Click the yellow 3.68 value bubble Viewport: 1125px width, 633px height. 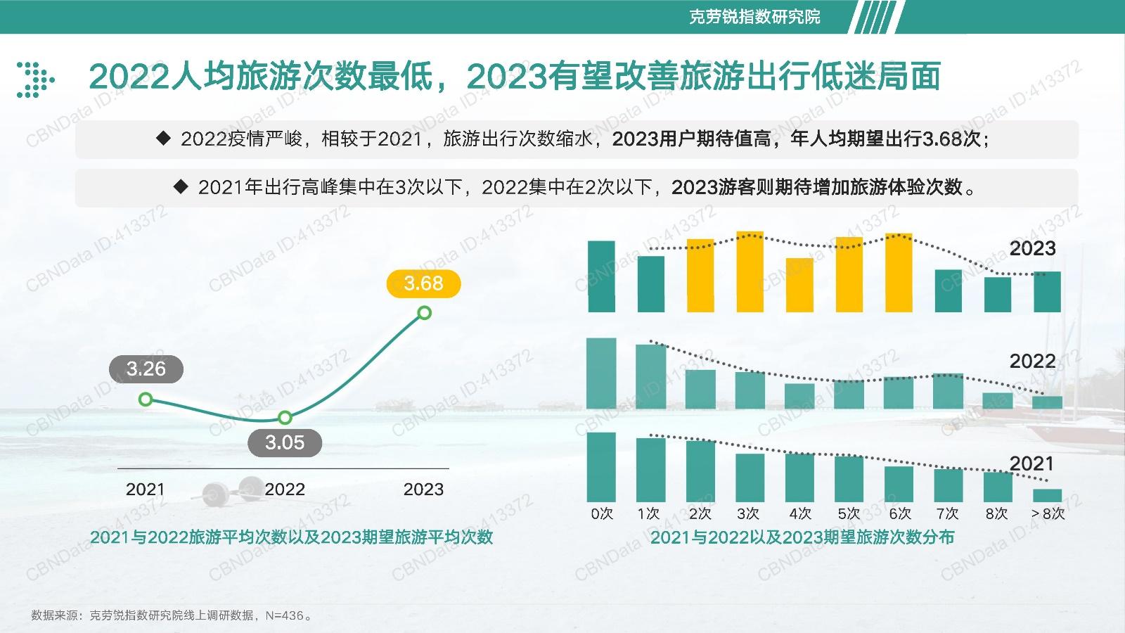423,283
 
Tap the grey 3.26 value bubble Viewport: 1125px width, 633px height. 146,369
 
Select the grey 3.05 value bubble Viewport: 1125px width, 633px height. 285,442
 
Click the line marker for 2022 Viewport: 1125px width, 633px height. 285,418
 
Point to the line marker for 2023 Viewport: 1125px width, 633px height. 425,313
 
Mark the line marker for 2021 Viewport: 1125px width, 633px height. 146,399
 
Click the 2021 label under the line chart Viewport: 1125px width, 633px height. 145,490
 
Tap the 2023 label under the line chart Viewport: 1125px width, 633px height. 423,490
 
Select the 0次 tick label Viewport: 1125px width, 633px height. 602,513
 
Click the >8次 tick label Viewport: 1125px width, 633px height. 1048,513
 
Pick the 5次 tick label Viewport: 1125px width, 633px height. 849,513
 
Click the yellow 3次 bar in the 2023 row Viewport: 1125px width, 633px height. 750,271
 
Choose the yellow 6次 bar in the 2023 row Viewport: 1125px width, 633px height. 899,273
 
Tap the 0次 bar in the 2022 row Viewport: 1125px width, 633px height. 601,373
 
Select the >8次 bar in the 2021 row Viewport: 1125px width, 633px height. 1047,495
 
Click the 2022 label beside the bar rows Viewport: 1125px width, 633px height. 1033,362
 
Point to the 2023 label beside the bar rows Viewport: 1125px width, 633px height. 1033,248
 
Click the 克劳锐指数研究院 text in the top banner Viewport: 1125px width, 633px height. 754,17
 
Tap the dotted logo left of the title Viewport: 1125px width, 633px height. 35,79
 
